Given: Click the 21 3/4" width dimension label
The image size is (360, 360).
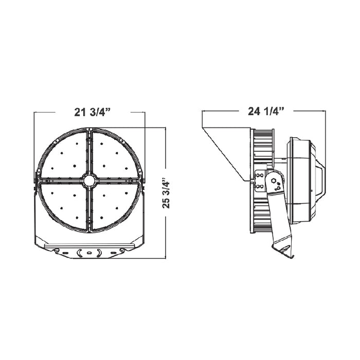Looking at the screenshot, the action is click(93, 112).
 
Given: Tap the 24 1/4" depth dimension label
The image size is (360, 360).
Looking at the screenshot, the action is click(266, 112).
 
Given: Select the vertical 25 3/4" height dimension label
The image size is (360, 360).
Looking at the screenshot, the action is click(166, 193).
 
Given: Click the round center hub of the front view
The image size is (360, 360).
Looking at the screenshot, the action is click(89, 181).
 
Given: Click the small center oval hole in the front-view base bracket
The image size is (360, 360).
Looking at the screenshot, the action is click(89, 253).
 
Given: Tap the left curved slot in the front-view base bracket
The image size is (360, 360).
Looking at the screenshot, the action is click(78, 253).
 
